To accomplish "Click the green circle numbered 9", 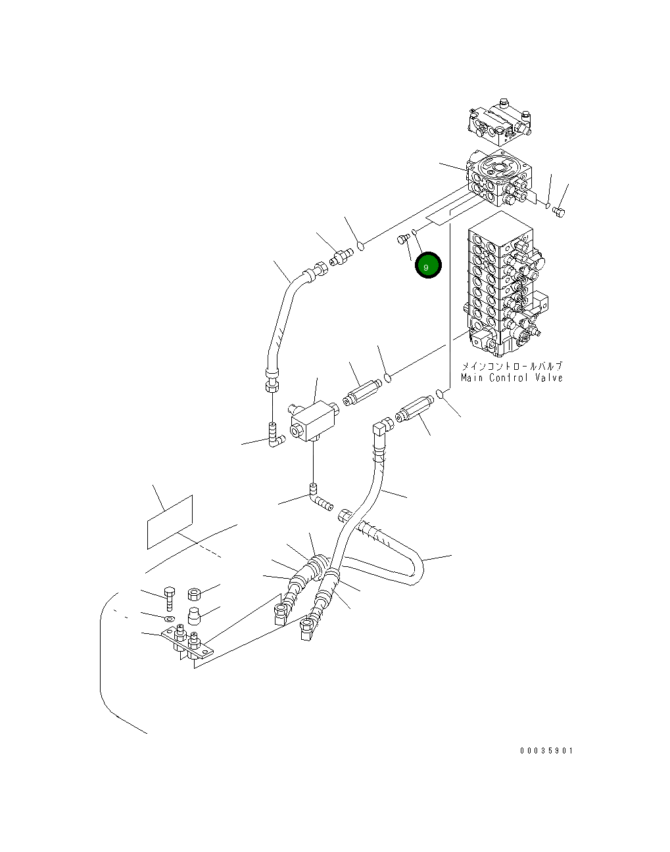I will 427,266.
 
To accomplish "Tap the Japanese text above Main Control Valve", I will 512,367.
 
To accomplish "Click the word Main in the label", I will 472,378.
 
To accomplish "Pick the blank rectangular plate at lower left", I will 170,522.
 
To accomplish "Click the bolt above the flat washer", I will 170,598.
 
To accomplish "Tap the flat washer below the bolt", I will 169,618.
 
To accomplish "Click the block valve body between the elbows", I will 312,420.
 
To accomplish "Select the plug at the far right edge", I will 560,211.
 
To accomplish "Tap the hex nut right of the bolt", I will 195,594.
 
